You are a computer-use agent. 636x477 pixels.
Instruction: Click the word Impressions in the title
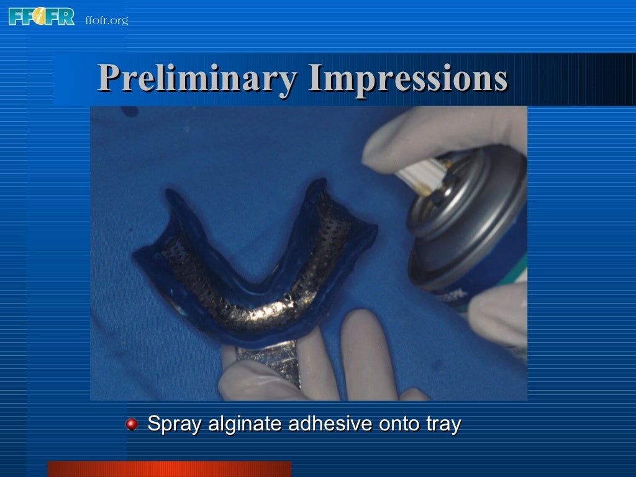(x=407, y=79)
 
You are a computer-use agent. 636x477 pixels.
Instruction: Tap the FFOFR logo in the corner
(x=41, y=16)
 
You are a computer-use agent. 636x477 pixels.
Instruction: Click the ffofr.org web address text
(x=106, y=20)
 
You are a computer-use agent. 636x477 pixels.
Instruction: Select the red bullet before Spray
(x=132, y=425)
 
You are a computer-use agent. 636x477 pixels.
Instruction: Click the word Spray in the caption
(x=175, y=424)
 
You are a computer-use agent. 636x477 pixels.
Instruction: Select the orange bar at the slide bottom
(x=169, y=469)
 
